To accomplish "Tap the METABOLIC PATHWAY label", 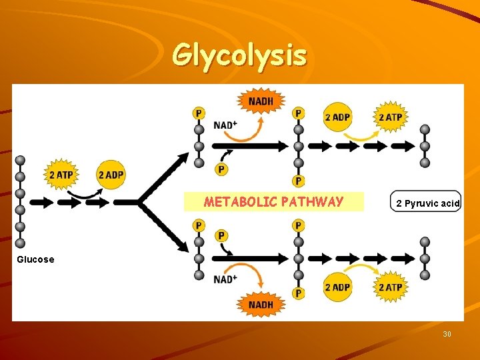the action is click(x=273, y=202).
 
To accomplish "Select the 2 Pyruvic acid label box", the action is click(x=425, y=203).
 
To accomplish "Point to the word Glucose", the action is click(x=35, y=259).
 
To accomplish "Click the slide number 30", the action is click(x=447, y=333).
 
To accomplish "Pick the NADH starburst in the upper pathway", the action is click(x=261, y=102).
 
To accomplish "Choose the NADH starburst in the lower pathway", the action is click(x=261, y=305).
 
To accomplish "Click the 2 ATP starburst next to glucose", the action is click(x=61, y=175).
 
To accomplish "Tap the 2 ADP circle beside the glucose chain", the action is click(x=111, y=175).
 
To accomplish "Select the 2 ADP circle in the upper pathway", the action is click(x=337, y=117).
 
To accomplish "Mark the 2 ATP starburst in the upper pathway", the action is click(x=390, y=117).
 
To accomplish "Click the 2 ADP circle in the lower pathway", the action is click(x=337, y=287).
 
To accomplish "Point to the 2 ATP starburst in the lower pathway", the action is click(x=390, y=287).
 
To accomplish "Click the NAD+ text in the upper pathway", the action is click(x=225, y=125).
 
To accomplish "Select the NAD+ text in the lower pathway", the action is click(x=225, y=279).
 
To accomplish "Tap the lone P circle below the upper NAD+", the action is click(x=221, y=170).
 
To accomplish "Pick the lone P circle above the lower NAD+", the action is click(x=221, y=236).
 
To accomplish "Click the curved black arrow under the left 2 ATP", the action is click(x=85, y=193).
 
